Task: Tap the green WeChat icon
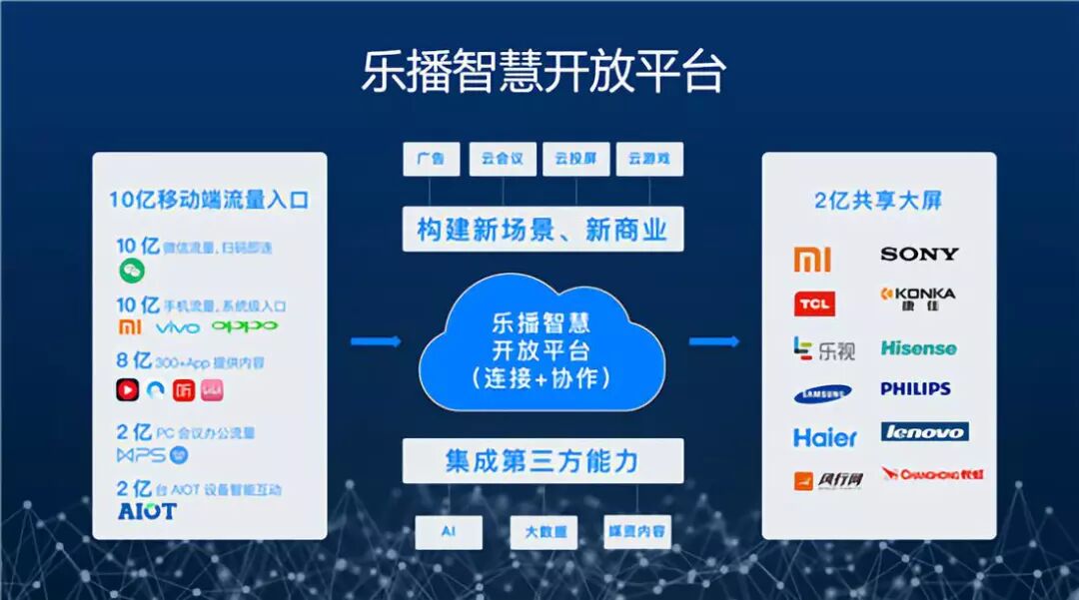point(132,270)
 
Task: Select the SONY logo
point(918,254)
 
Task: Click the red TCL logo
point(813,303)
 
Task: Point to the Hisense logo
point(918,348)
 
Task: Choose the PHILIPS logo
point(915,388)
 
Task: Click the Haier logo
point(825,437)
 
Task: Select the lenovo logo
point(924,431)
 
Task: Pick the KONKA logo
point(917,297)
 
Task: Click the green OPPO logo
point(244,326)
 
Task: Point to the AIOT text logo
point(146,511)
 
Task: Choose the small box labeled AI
point(448,532)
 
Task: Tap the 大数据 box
point(543,532)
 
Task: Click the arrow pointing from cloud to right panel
point(713,341)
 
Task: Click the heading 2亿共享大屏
point(878,201)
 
